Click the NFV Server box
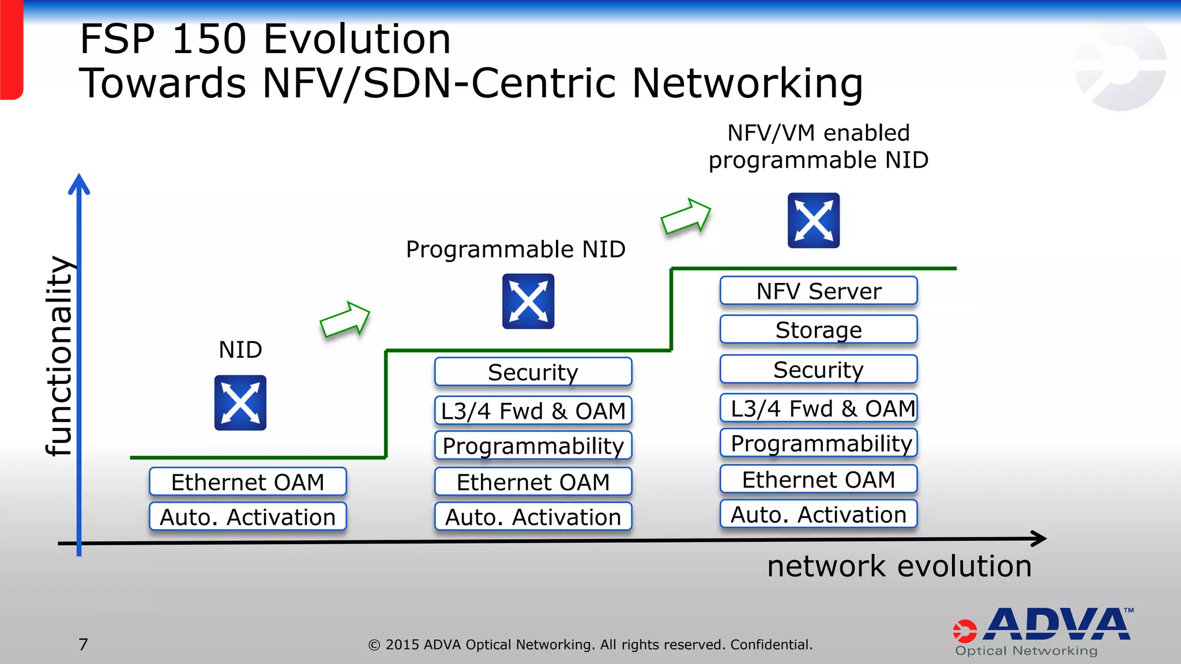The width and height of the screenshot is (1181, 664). click(x=818, y=291)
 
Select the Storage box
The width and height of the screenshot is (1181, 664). click(x=818, y=330)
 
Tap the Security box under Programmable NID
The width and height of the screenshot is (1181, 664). click(x=533, y=372)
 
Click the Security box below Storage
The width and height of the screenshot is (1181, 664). click(x=818, y=369)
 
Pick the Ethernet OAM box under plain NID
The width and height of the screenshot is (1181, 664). click(x=247, y=482)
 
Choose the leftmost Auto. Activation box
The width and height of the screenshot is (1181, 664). click(x=247, y=516)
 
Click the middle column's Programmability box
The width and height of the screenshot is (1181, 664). click(x=533, y=446)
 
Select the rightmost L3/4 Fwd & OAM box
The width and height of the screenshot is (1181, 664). click(x=818, y=408)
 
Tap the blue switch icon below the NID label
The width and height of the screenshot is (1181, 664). click(x=240, y=403)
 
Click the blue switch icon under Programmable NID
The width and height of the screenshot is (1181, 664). click(x=528, y=301)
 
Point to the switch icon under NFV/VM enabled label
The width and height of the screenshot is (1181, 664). click(x=814, y=221)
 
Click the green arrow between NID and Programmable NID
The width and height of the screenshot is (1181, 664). click(x=345, y=319)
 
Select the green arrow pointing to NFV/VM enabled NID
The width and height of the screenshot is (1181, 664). click(x=686, y=217)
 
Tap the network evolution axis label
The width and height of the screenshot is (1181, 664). click(x=899, y=566)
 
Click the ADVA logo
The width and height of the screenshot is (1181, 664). click(x=1044, y=631)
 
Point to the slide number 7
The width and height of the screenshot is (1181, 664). click(x=84, y=644)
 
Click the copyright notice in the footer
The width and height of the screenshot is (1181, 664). click(x=590, y=644)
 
